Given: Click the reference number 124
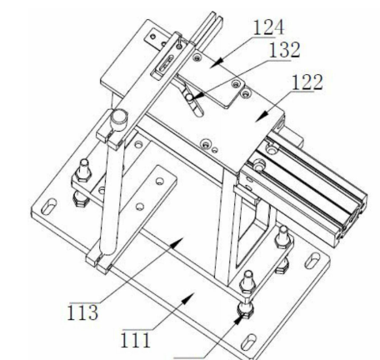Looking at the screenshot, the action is (x=268, y=27).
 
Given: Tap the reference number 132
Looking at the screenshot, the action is (x=285, y=50).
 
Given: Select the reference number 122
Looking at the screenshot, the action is (x=307, y=82).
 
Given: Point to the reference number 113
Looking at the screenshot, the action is (x=82, y=312).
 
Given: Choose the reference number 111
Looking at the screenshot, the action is (x=136, y=340).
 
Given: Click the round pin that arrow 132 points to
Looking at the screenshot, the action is (x=189, y=97).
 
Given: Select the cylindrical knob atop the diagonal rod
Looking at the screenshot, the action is (x=119, y=120).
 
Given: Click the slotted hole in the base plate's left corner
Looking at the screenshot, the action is (x=48, y=207).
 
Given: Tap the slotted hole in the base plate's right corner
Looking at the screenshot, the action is (x=312, y=259).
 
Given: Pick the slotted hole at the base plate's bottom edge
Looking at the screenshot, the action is (x=248, y=342).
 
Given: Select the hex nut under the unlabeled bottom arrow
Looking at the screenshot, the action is (x=245, y=310).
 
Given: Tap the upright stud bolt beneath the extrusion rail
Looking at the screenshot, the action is (x=283, y=237).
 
